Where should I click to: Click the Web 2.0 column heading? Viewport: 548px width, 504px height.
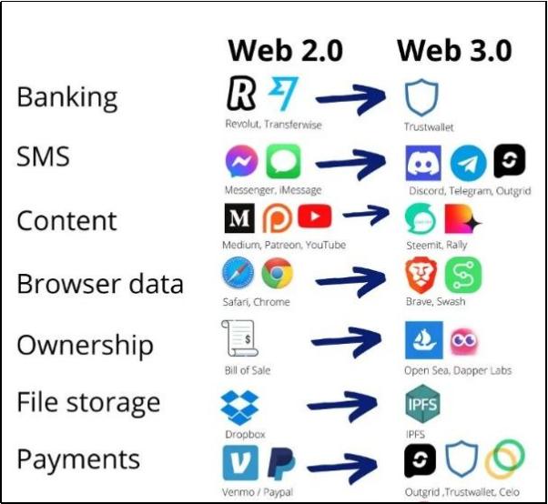coord(285,50)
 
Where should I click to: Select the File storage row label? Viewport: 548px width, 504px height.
coord(88,402)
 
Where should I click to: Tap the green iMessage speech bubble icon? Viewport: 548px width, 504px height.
coord(283,163)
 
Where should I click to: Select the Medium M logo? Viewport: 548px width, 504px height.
coord(239,220)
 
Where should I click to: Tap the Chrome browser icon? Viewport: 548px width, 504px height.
coord(277,275)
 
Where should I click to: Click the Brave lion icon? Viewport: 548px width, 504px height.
coord(421,276)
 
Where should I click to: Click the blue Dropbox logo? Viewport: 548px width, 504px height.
coord(240,404)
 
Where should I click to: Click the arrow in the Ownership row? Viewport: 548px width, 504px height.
coord(346,341)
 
